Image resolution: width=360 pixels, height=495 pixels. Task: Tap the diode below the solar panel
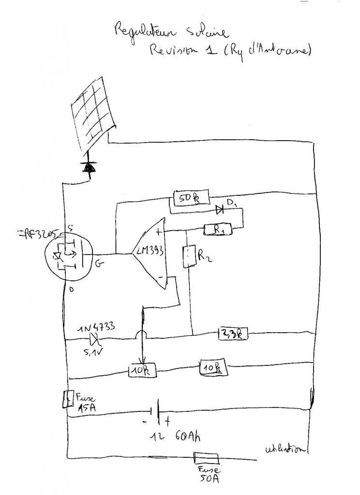89,167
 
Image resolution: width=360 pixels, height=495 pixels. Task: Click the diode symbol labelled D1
220,210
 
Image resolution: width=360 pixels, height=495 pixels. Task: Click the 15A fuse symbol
67,399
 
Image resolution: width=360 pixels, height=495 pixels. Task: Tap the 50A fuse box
207,457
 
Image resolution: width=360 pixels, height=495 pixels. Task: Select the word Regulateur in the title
138,31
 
